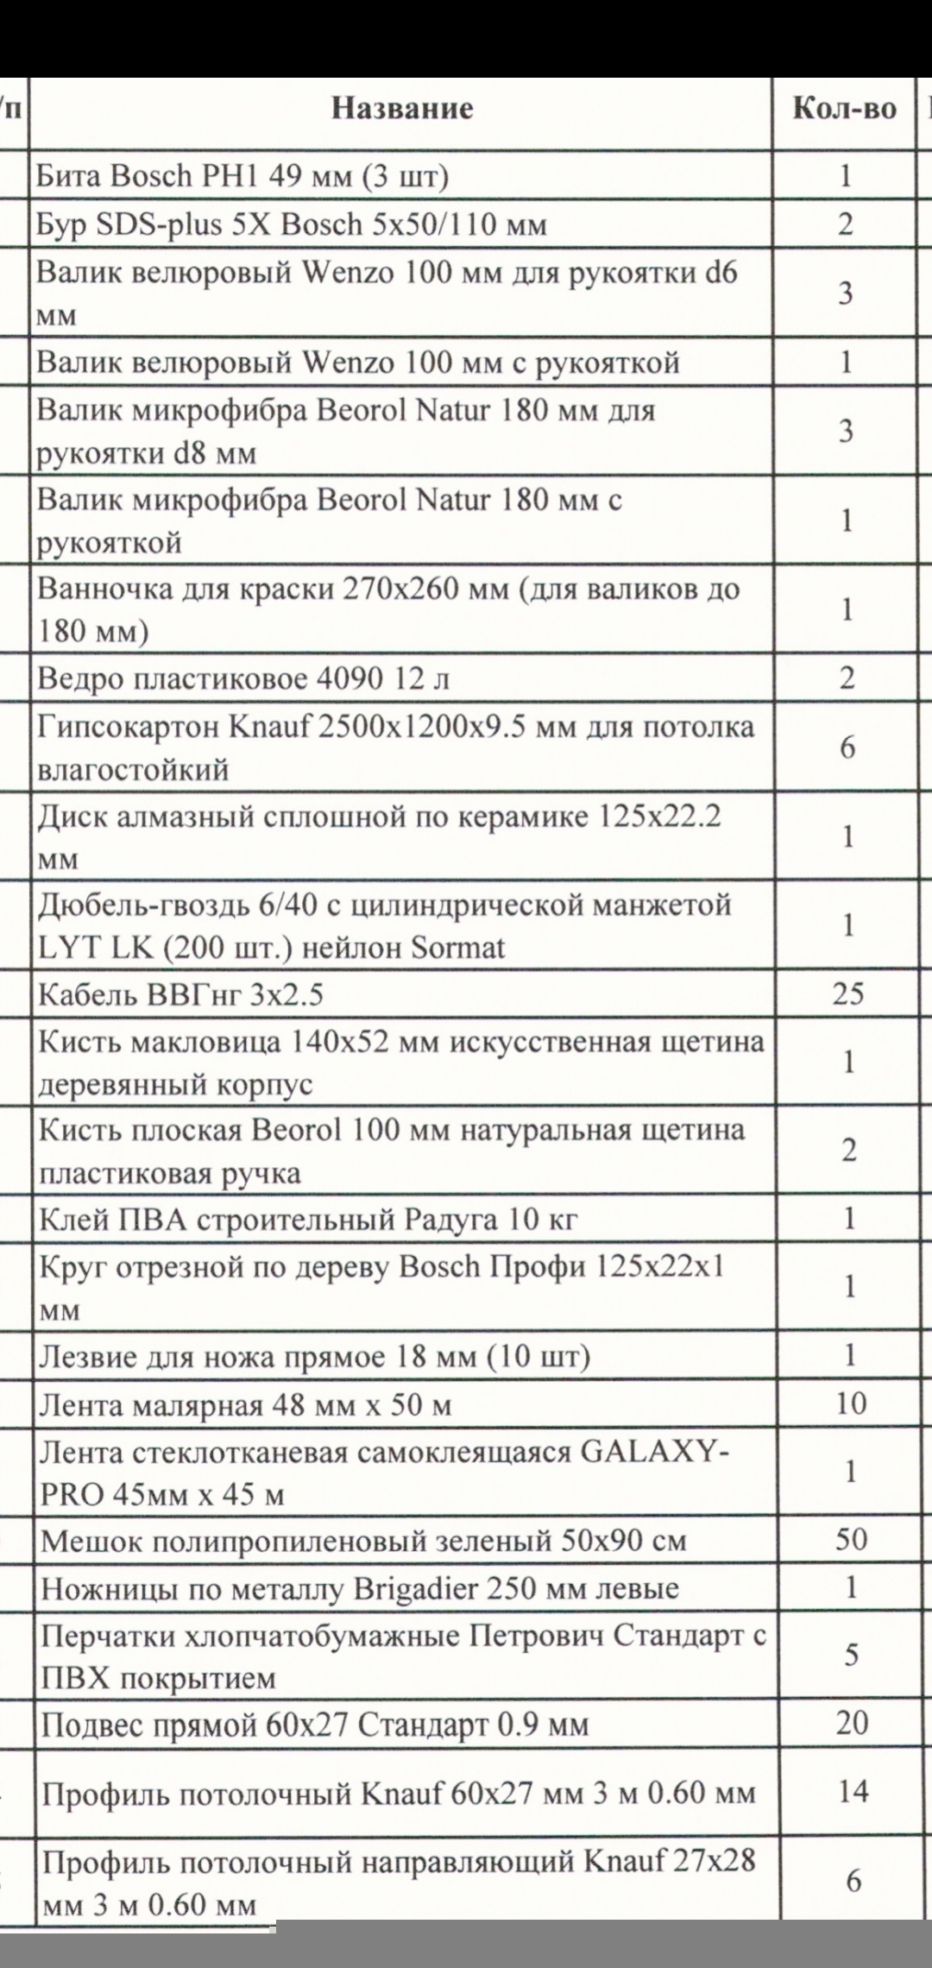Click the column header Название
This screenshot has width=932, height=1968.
[402, 109]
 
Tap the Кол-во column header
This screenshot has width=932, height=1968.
[844, 109]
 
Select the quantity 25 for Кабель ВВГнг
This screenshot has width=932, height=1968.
[847, 993]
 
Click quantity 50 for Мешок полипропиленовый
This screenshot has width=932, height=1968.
[850, 1539]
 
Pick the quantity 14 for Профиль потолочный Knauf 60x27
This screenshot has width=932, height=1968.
[852, 1791]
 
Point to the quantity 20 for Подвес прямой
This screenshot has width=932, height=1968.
[851, 1722]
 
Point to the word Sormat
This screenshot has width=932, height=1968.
[457, 948]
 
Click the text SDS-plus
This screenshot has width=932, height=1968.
[146, 224]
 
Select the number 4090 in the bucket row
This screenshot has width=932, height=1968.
[341, 679]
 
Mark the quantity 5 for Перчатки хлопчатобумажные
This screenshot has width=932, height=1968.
[851, 1655]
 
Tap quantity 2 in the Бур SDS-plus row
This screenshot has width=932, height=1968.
[846, 224]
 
